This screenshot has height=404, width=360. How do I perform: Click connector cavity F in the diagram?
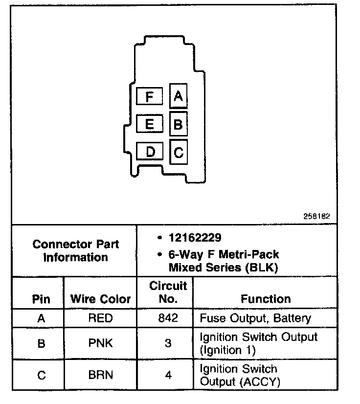pyautogui.click(x=150, y=96)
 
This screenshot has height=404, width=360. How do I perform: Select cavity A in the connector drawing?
pyautogui.click(x=178, y=96)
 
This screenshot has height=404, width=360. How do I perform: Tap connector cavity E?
pyautogui.click(x=150, y=124)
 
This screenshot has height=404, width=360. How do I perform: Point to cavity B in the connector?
pyautogui.click(x=178, y=124)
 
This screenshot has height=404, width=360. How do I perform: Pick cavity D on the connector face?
pyautogui.click(x=150, y=151)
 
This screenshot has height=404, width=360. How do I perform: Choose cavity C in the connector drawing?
pyautogui.click(x=178, y=152)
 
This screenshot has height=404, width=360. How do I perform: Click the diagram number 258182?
pyautogui.click(x=317, y=216)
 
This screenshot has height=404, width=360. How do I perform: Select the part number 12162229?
pyautogui.click(x=195, y=238)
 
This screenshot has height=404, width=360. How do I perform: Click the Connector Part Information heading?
pyautogui.click(x=75, y=250)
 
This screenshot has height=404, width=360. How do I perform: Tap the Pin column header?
pyautogui.click(x=41, y=299)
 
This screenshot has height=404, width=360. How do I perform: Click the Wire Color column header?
pyautogui.click(x=101, y=299)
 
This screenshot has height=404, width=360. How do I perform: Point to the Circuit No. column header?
pyautogui.click(x=168, y=292)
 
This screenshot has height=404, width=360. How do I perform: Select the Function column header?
pyautogui.click(x=266, y=299)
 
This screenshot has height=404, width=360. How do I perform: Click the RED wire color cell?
pyautogui.click(x=100, y=318)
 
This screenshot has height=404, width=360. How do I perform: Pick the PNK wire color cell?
pyautogui.click(x=100, y=343)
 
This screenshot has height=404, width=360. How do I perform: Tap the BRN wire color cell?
pyautogui.click(x=100, y=375)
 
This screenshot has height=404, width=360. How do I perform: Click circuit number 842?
pyautogui.click(x=168, y=318)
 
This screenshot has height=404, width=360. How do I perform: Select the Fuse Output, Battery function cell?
pyautogui.click(x=255, y=318)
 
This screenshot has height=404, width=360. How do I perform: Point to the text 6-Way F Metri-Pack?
pyautogui.click(x=224, y=255)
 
